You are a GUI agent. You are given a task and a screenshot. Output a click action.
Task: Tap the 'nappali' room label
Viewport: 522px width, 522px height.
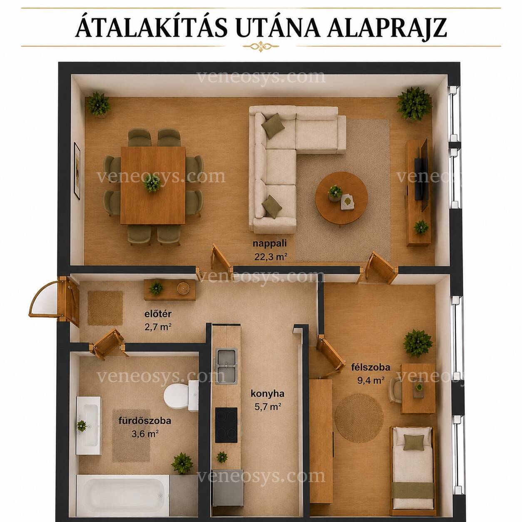coord(269,243)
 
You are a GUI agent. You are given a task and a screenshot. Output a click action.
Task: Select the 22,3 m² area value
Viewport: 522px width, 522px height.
coord(270,256)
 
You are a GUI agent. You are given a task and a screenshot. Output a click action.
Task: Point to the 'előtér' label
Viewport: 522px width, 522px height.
coord(158,314)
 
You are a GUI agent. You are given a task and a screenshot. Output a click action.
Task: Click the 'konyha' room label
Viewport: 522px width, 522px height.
coord(267,393)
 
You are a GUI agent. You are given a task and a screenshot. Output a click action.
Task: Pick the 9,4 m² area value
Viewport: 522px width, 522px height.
coord(371,380)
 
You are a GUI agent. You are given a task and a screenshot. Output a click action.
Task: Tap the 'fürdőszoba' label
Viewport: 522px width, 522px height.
coord(145,420)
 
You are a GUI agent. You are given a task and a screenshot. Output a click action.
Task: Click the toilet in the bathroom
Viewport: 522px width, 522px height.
coord(181,396)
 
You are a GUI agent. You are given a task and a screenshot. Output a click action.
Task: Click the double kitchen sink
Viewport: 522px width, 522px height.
coord(226,366)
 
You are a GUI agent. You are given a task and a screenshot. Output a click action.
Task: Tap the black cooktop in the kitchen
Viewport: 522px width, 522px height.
coord(226,425)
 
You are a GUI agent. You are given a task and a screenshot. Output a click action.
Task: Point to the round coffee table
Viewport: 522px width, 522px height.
coord(341,198)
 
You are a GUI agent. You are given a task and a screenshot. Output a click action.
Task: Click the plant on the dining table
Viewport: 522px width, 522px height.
coord(152,183)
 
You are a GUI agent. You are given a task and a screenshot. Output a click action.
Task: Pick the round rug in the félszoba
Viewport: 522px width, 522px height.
coord(359,418)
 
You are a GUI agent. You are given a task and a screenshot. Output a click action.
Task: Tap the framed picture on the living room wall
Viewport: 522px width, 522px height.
coord(77,171)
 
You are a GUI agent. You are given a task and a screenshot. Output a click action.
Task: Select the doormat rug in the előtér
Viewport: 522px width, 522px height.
coord(105,308)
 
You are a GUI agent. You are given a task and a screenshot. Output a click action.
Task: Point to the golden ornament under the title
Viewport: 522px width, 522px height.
coord(261,46)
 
